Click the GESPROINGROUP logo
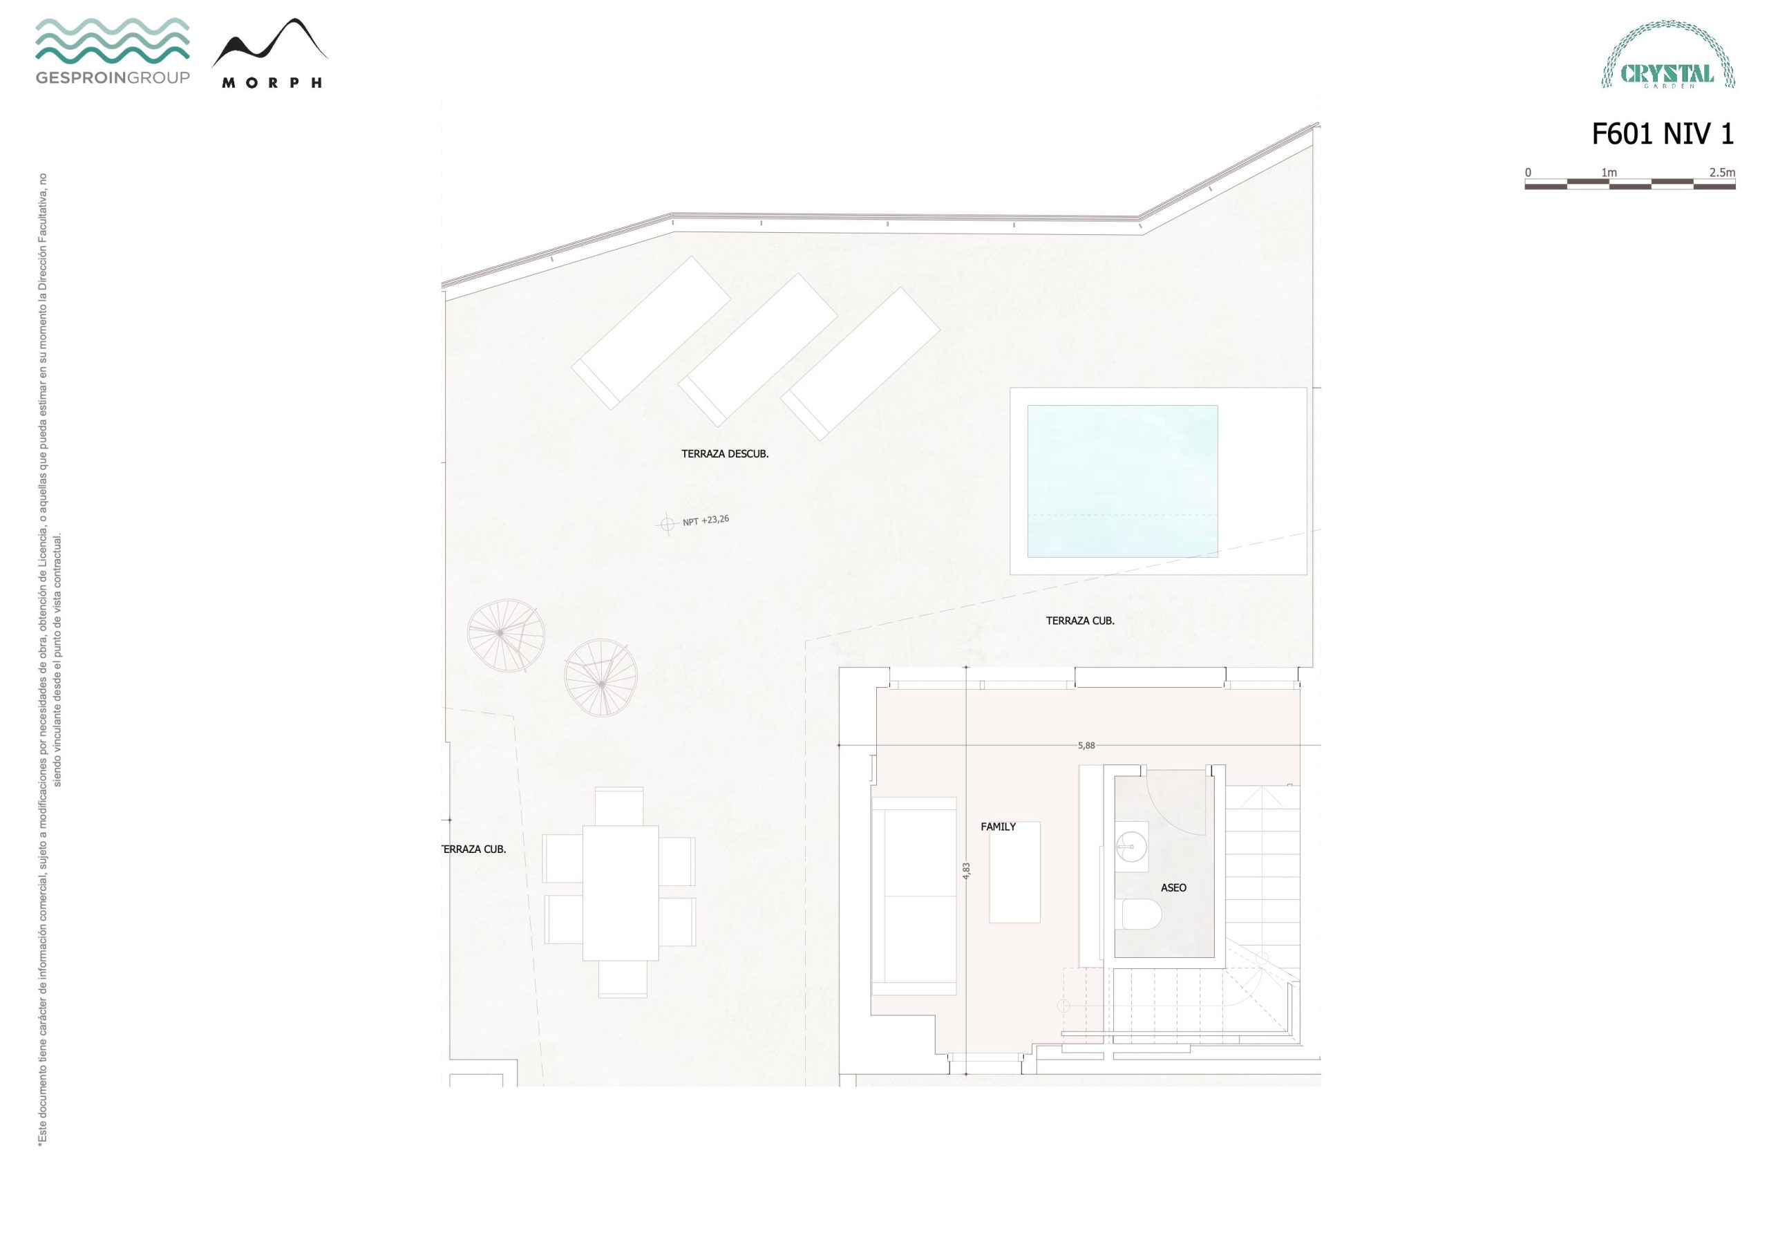tap(113, 51)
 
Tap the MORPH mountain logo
tap(269, 53)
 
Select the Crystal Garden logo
tap(1668, 54)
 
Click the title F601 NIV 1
tap(1663, 134)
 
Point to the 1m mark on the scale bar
tap(1609, 173)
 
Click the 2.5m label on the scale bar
tap(1722, 173)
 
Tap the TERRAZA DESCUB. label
tap(725, 454)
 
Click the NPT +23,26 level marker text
tap(706, 521)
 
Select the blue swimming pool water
tap(1123, 481)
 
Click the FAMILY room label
tap(998, 827)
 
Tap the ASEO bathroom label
tap(1173, 888)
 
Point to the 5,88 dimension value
tap(1086, 745)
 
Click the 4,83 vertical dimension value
tap(967, 871)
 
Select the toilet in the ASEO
tap(1140, 914)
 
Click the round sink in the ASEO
tap(1132, 847)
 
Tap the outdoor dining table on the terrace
tap(621, 892)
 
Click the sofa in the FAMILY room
tap(914, 897)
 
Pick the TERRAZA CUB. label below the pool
tap(1079, 621)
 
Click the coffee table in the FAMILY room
tap(1014, 872)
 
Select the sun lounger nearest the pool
tap(860, 364)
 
